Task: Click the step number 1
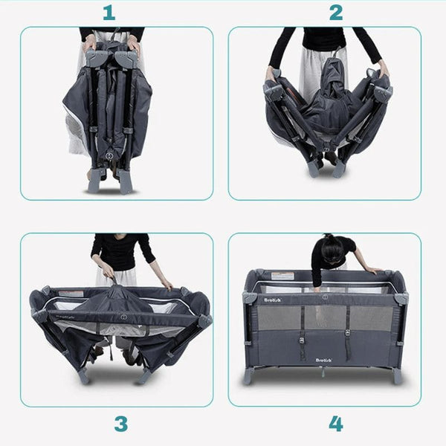[x=109, y=13]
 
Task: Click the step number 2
[x=336, y=13]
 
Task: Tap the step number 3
[x=120, y=424]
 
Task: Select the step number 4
[x=336, y=424]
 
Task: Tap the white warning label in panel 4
[x=282, y=276]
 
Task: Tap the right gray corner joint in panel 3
[x=204, y=320]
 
